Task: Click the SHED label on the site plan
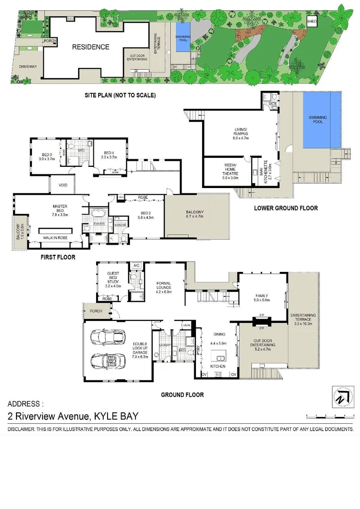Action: pos(311,22)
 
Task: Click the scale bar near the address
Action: pos(329,416)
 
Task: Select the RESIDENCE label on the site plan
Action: pos(90,47)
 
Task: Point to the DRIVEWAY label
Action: pos(28,67)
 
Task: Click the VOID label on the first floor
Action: pos(63,185)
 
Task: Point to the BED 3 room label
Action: pos(46,156)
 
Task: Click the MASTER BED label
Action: pos(61,209)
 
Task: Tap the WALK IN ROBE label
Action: pos(56,238)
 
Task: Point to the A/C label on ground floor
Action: pos(137,265)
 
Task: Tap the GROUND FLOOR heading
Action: pos(182,394)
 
